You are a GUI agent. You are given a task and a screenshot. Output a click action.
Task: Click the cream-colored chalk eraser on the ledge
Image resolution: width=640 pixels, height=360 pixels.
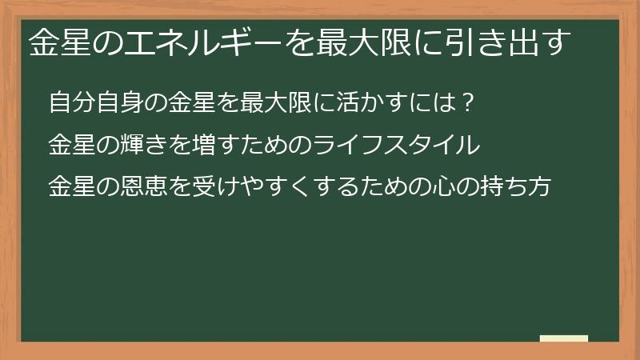point(564,339)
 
